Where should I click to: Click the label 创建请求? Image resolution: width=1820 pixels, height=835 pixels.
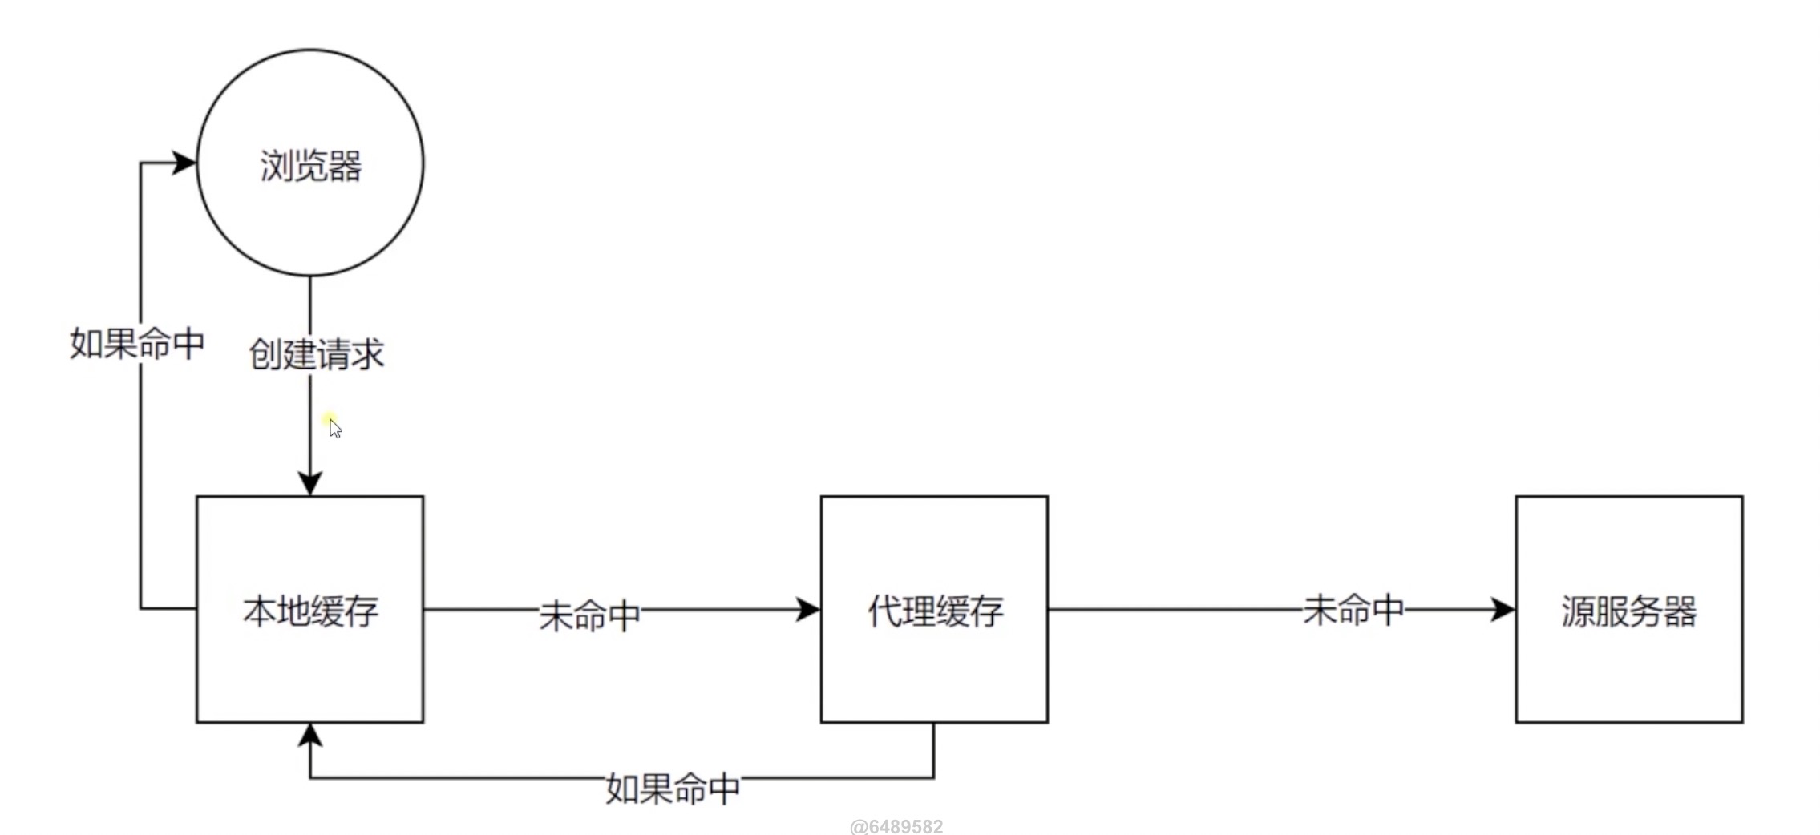[317, 354]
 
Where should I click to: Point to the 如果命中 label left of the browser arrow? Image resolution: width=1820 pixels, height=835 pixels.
[137, 344]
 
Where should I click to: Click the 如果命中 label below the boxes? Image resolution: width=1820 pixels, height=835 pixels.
[672, 789]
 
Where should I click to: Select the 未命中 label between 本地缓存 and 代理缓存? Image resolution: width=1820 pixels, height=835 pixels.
[589, 615]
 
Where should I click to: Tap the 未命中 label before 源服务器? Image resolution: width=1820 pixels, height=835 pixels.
[1353, 610]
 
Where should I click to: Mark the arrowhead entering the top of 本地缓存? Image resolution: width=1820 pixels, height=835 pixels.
[310, 483]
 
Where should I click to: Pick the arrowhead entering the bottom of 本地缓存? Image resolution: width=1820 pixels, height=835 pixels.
[310, 736]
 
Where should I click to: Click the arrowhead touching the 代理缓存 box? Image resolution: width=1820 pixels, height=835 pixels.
[808, 610]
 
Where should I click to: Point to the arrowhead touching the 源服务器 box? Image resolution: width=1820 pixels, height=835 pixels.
[1503, 610]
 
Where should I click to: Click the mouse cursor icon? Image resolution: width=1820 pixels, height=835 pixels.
[335, 429]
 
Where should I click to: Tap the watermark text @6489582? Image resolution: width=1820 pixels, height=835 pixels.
[896, 826]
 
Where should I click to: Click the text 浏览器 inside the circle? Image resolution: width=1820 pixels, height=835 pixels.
[311, 167]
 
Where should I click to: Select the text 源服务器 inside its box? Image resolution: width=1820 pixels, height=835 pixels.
[1628, 611]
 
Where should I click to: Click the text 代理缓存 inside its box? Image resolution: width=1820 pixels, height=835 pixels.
[935, 611]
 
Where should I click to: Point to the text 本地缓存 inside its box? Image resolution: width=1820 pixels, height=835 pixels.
[311, 611]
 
